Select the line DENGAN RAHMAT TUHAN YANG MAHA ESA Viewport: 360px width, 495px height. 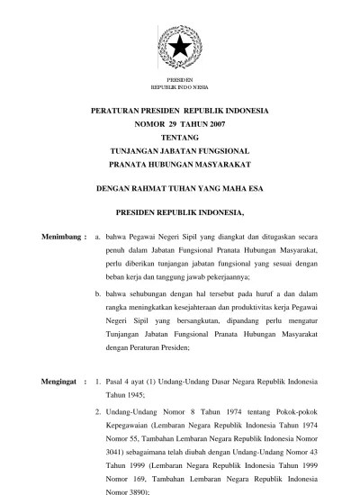pyautogui.click(x=180, y=190)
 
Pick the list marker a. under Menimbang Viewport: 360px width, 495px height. pyautogui.click(x=97, y=236)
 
